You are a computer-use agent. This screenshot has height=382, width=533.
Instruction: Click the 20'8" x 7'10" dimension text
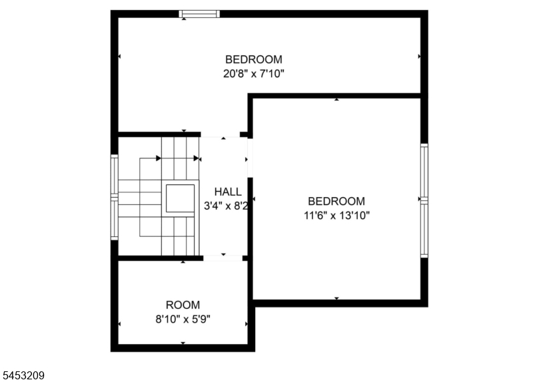click(x=254, y=73)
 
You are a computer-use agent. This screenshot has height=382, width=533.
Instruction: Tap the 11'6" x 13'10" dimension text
click(x=336, y=215)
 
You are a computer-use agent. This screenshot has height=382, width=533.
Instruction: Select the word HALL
click(x=228, y=192)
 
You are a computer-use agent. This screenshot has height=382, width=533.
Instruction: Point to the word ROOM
click(x=183, y=305)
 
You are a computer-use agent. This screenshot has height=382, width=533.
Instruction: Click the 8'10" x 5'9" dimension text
click(x=183, y=319)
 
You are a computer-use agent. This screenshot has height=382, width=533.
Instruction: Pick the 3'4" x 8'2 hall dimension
click(x=226, y=206)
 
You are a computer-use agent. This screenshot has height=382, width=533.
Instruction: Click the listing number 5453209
click(x=23, y=375)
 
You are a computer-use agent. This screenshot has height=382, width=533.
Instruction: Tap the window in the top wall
click(x=199, y=14)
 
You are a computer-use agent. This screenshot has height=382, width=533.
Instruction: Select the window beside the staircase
click(x=115, y=197)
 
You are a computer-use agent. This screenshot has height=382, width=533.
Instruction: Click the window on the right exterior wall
click(x=424, y=200)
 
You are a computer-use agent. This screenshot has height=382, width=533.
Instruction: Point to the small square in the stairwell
click(x=180, y=198)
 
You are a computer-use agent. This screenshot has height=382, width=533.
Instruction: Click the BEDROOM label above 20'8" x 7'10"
click(x=254, y=59)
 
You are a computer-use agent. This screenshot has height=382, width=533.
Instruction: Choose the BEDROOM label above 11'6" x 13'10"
click(x=336, y=202)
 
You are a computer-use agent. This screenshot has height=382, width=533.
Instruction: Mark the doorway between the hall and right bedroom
click(x=251, y=158)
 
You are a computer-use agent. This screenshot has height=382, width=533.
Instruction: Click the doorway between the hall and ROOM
click(x=223, y=258)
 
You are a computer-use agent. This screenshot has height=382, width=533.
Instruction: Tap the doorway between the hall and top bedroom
click(x=221, y=135)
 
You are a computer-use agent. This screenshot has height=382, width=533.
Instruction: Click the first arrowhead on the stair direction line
click(x=159, y=158)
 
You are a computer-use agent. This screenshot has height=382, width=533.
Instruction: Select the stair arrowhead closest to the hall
click(x=196, y=158)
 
